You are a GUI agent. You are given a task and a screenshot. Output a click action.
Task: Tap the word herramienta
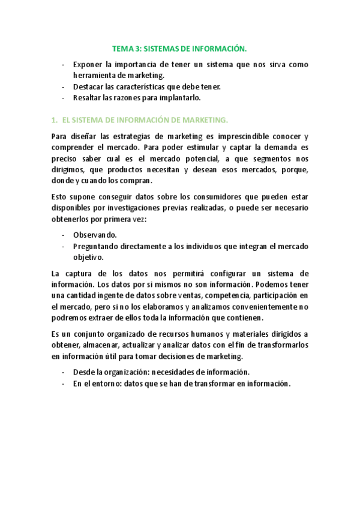coord(94,75)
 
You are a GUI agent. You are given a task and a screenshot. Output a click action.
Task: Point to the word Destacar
coord(88,86)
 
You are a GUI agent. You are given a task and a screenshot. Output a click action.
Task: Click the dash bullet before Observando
coord(64,235)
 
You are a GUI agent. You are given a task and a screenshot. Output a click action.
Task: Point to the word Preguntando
coord(97,246)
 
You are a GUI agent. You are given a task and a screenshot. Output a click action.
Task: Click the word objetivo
coord(88,257)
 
